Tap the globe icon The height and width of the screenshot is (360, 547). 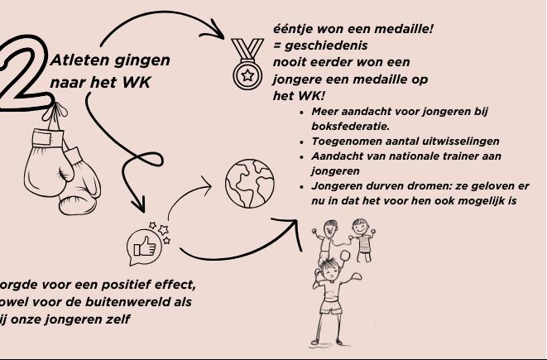[249, 182]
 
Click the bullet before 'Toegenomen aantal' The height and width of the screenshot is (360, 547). [302, 142]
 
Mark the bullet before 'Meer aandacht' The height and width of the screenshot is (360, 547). [302, 112]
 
